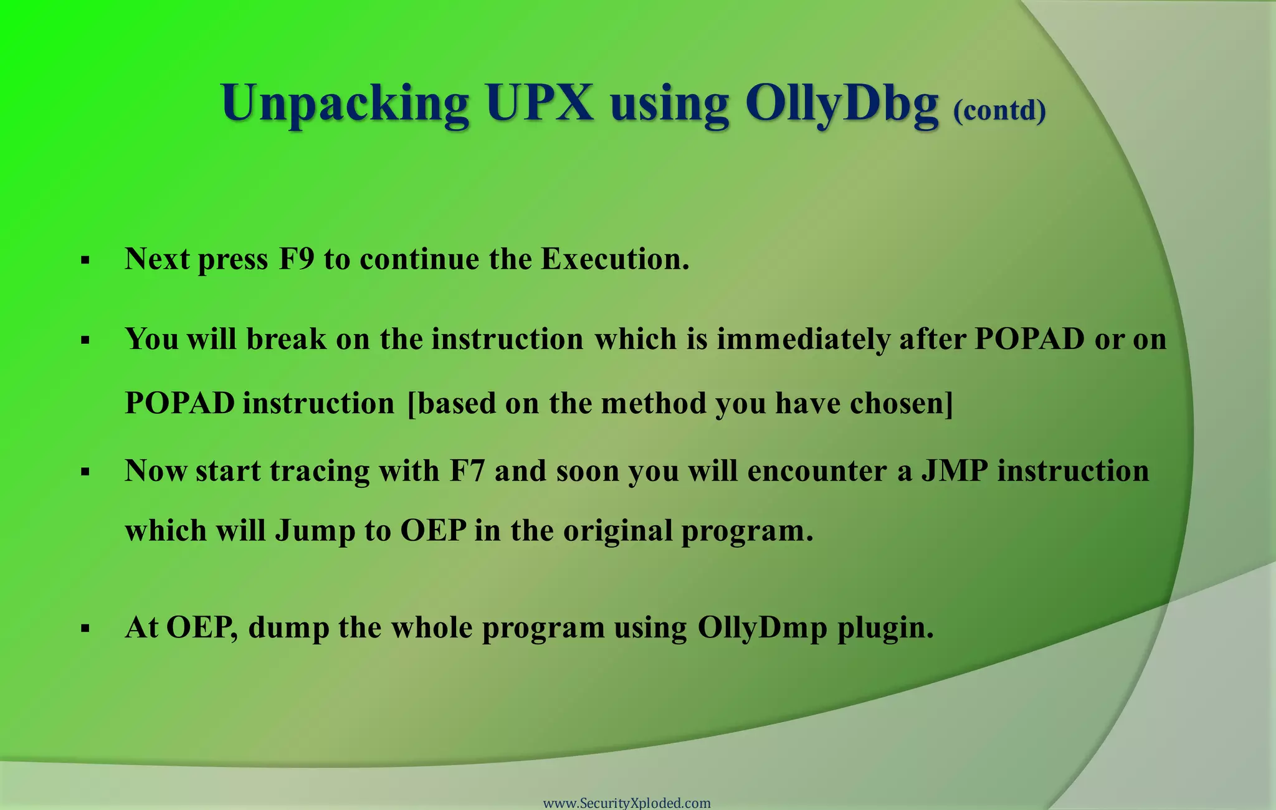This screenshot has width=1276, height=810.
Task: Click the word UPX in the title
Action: pos(540,103)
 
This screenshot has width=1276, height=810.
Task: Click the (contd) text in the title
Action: pos(999,111)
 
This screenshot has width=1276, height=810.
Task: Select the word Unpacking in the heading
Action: pos(345,105)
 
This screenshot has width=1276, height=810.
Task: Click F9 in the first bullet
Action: pos(297,259)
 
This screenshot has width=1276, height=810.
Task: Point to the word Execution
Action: pos(614,259)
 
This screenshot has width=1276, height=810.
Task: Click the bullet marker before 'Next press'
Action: pos(85,260)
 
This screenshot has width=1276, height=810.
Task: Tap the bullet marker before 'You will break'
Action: pos(85,341)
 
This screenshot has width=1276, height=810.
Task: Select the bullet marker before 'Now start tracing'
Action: pos(85,472)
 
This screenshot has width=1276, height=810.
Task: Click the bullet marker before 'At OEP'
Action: pos(85,629)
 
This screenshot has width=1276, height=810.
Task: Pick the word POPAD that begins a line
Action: pos(179,404)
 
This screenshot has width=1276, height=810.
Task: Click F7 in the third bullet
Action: pos(467,471)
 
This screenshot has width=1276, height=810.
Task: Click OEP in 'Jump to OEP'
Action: pos(433,531)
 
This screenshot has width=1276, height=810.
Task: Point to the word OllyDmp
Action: pos(762,628)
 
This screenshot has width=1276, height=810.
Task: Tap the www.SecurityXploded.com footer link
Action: pos(627,803)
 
